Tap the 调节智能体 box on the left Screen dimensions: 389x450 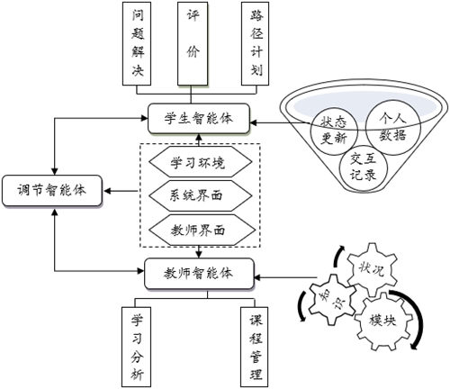pyautogui.click(x=53, y=191)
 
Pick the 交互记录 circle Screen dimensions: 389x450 pyautogui.click(x=364, y=167)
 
